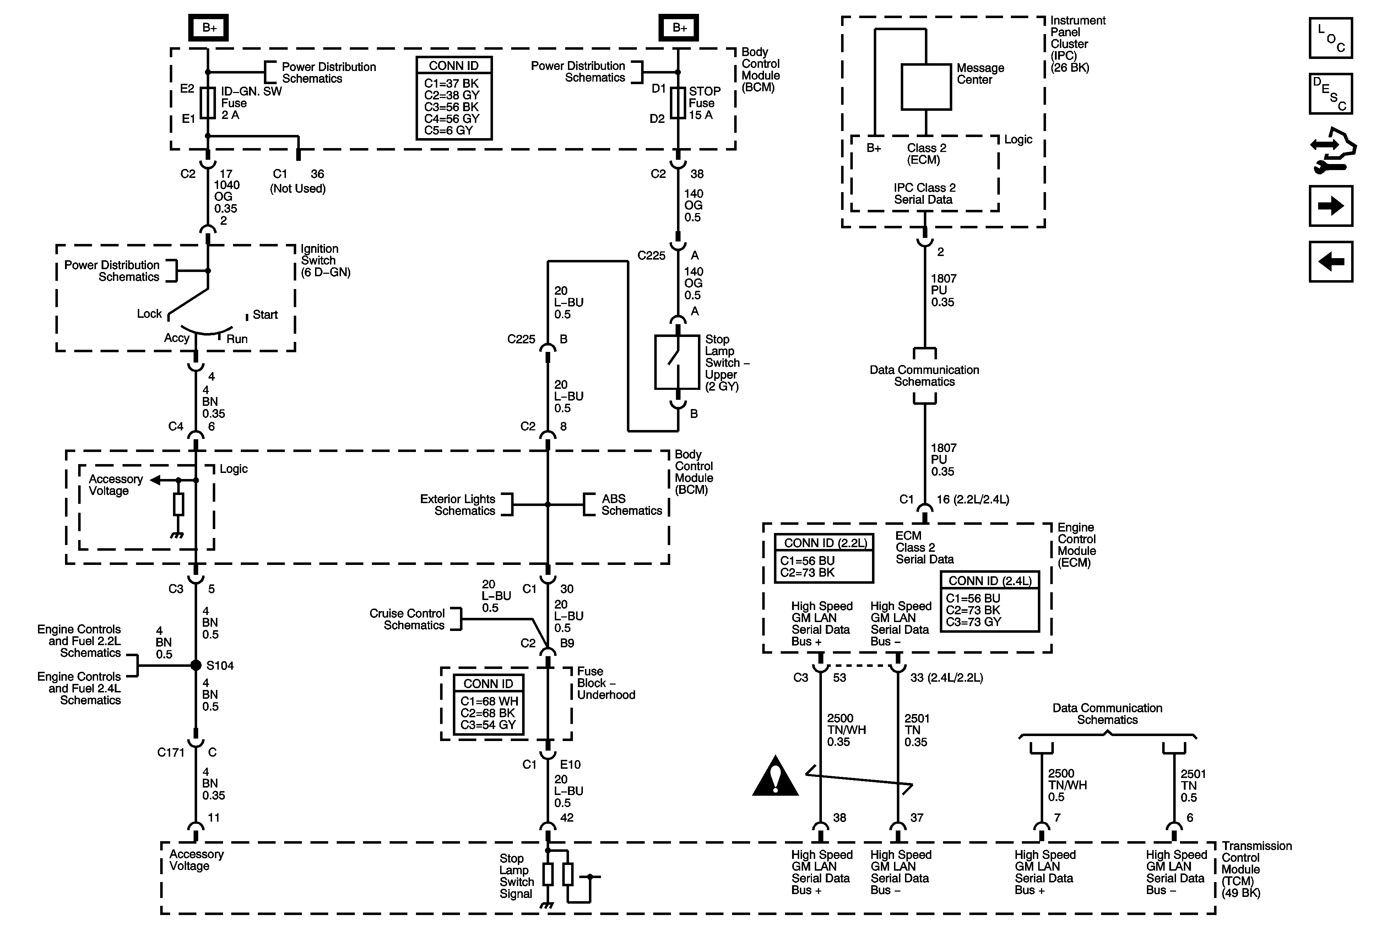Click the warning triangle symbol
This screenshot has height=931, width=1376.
tap(775, 775)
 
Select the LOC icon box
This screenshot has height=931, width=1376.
tap(1331, 38)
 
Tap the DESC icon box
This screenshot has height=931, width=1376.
tap(1331, 93)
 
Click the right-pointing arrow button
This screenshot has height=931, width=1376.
tap(1331, 206)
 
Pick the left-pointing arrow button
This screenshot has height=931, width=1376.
tap(1331, 262)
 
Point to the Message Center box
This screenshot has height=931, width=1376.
tap(926, 87)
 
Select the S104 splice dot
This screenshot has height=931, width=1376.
tap(196, 665)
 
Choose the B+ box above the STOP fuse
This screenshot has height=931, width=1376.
tap(678, 28)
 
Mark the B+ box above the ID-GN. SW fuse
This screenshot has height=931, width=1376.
tap(208, 28)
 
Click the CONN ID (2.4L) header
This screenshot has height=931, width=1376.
tap(989, 581)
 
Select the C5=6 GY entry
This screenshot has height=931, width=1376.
tap(448, 130)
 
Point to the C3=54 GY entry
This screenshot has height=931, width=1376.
tap(488, 724)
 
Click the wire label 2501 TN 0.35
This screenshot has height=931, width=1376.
tap(916, 730)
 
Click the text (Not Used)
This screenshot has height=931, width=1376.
tap(298, 188)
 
